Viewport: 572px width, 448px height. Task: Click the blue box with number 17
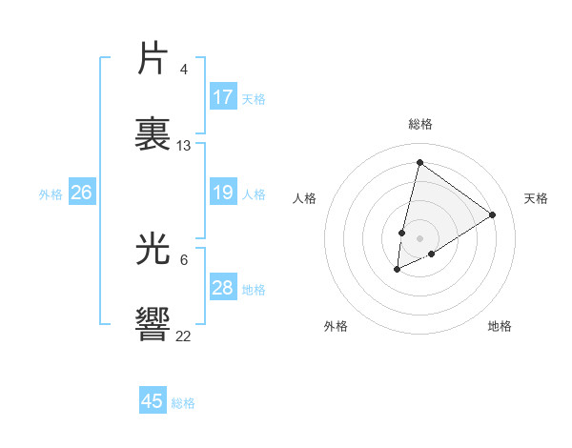pyautogui.click(x=223, y=97)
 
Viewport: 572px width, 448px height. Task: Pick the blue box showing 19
pyautogui.click(x=223, y=193)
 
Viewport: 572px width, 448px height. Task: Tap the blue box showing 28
pyautogui.click(x=223, y=288)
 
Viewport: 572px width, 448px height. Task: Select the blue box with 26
pyautogui.click(x=81, y=193)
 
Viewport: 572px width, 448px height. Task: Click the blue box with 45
pyautogui.click(x=153, y=401)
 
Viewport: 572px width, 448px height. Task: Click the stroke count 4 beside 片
pyautogui.click(x=184, y=70)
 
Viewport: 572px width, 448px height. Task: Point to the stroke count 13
pyautogui.click(x=184, y=145)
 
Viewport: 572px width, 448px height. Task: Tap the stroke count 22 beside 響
pyautogui.click(x=184, y=335)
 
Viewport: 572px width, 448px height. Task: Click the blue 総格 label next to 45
pyautogui.click(x=183, y=403)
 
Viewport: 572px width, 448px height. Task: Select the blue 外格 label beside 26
pyautogui.click(x=51, y=194)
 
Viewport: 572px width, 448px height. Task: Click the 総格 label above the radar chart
pyautogui.click(x=420, y=124)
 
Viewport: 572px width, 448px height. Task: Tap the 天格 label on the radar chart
pyautogui.click(x=536, y=198)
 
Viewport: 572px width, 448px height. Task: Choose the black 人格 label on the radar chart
pyautogui.click(x=305, y=198)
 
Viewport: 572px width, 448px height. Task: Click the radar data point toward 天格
pyautogui.click(x=492, y=214)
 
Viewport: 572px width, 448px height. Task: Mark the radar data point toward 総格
pyautogui.click(x=419, y=162)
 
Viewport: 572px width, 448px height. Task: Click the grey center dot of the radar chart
pyautogui.click(x=419, y=238)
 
